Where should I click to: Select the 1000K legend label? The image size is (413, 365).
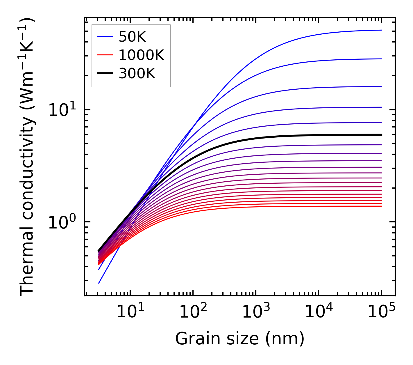pyautogui.click(x=141, y=55)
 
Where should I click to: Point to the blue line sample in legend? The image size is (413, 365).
pyautogui.click(x=105, y=37)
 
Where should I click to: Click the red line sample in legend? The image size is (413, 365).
pyautogui.click(x=105, y=55)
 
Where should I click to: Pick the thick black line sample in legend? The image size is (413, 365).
pyautogui.click(x=105, y=74)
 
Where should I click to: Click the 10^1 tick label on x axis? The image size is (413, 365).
pyautogui.click(x=130, y=313)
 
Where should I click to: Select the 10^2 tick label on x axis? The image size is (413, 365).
pyautogui.click(x=193, y=313)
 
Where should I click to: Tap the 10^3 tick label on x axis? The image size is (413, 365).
pyautogui.click(x=256, y=313)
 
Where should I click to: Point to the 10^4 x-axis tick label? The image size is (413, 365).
pyautogui.click(x=319, y=313)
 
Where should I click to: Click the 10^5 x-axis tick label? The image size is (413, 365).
pyautogui.click(x=381, y=313)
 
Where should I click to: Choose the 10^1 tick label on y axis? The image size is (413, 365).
pyautogui.click(x=61, y=111)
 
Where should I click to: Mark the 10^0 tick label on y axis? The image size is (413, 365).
pyautogui.click(x=61, y=223)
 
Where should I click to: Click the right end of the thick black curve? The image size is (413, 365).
pyautogui.click(x=381, y=135)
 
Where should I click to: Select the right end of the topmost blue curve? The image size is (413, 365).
pyautogui.click(x=381, y=30)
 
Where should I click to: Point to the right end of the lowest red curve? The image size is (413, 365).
pyautogui.click(x=381, y=206)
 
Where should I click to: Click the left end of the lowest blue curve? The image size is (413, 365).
pyautogui.click(x=99, y=283)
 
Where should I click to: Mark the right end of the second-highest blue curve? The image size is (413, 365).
pyautogui.click(x=381, y=59)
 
